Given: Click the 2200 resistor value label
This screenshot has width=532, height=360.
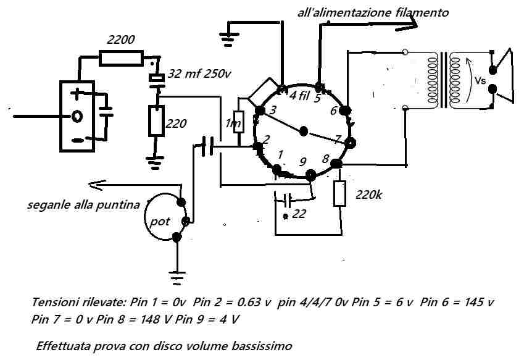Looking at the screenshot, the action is pos(121,40).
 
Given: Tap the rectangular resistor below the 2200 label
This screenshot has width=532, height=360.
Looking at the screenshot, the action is pos(121,58).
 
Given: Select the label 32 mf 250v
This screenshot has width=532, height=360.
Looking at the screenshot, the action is pos(199,73).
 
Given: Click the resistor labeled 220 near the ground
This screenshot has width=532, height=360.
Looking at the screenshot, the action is pos(156,121).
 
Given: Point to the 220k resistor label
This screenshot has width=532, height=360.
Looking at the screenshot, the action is pos(369,195).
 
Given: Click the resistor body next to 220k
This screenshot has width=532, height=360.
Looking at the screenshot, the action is pos(339,193).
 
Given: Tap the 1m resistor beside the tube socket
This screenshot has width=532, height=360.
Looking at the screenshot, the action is pos(239,122).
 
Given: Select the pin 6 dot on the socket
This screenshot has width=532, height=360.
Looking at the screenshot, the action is pos(346,111).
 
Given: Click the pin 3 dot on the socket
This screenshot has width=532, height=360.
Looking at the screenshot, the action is pos(260,111).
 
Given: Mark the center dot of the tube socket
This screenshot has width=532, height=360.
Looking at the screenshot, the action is pos(304,131).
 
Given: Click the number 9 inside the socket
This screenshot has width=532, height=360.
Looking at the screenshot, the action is pos(302,162).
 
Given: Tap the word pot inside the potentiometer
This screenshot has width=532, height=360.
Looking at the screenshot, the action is pos(160,222).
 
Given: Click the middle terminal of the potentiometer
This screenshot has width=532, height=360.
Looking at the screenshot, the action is pos(186,222).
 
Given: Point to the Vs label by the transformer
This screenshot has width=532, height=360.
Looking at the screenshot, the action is pos(480,81).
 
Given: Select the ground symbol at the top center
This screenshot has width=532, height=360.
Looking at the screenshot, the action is pos(230,39).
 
